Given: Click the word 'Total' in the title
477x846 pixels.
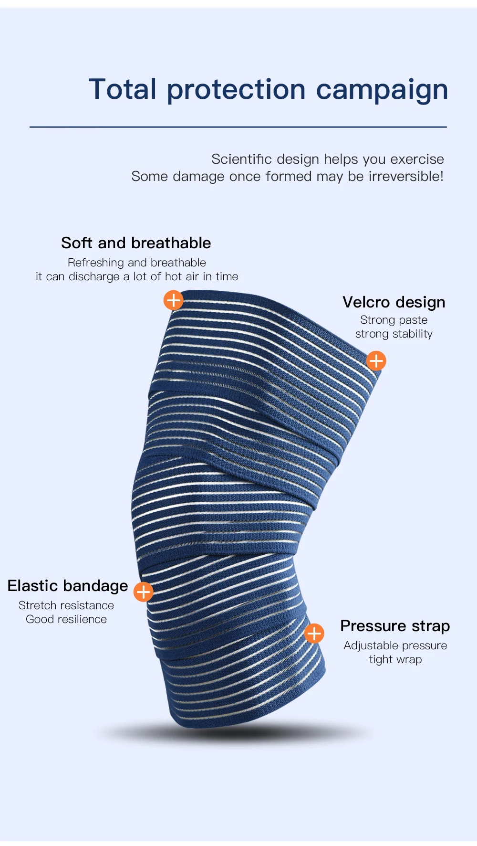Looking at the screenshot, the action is pos(123,89).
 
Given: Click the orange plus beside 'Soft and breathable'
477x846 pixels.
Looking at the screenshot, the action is pos(174,300).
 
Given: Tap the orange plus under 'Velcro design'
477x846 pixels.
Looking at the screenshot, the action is pos(376,361).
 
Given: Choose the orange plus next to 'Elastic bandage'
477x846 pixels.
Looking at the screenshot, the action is pos(143,592).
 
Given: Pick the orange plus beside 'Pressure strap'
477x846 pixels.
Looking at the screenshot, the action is pos(314,634).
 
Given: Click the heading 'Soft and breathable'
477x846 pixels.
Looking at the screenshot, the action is pos(136,243).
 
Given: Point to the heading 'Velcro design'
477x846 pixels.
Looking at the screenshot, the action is pos(394,302).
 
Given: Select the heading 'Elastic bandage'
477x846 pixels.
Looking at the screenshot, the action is pos(68,586).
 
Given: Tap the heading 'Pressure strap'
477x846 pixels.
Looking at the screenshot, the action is pos(395,626).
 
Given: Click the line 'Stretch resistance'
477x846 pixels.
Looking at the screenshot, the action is pos(66,605).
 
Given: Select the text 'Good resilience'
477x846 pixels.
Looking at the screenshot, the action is pos(66,619).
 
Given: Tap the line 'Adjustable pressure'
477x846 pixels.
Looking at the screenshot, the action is pos(395,645).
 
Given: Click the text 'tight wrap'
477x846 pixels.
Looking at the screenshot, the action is pos(395,659).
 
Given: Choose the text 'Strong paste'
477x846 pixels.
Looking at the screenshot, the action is pos(394,320).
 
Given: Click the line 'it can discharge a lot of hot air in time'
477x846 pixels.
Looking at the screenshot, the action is pos(137,276).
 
